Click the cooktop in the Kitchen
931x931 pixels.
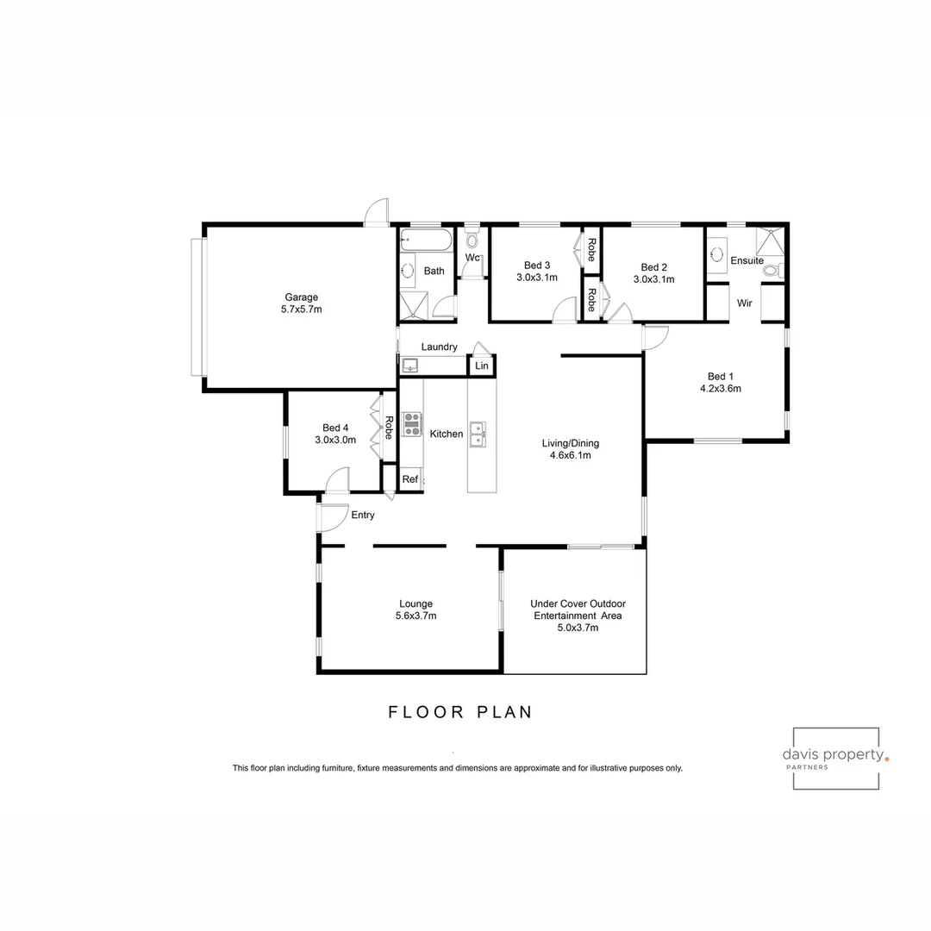click(412, 425)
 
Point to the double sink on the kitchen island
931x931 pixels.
click(478, 434)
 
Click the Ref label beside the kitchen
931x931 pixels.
click(409, 479)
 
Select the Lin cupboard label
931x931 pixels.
click(482, 366)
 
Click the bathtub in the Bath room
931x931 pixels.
click(427, 240)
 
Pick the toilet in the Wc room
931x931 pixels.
click(472, 237)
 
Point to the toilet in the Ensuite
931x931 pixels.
click(772, 271)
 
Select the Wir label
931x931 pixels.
click(744, 303)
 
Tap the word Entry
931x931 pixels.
click(363, 515)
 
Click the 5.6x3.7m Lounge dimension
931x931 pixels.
click(416, 616)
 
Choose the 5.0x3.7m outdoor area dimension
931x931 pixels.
click(578, 628)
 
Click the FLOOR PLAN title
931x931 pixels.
click(459, 712)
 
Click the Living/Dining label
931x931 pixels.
click(570, 443)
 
